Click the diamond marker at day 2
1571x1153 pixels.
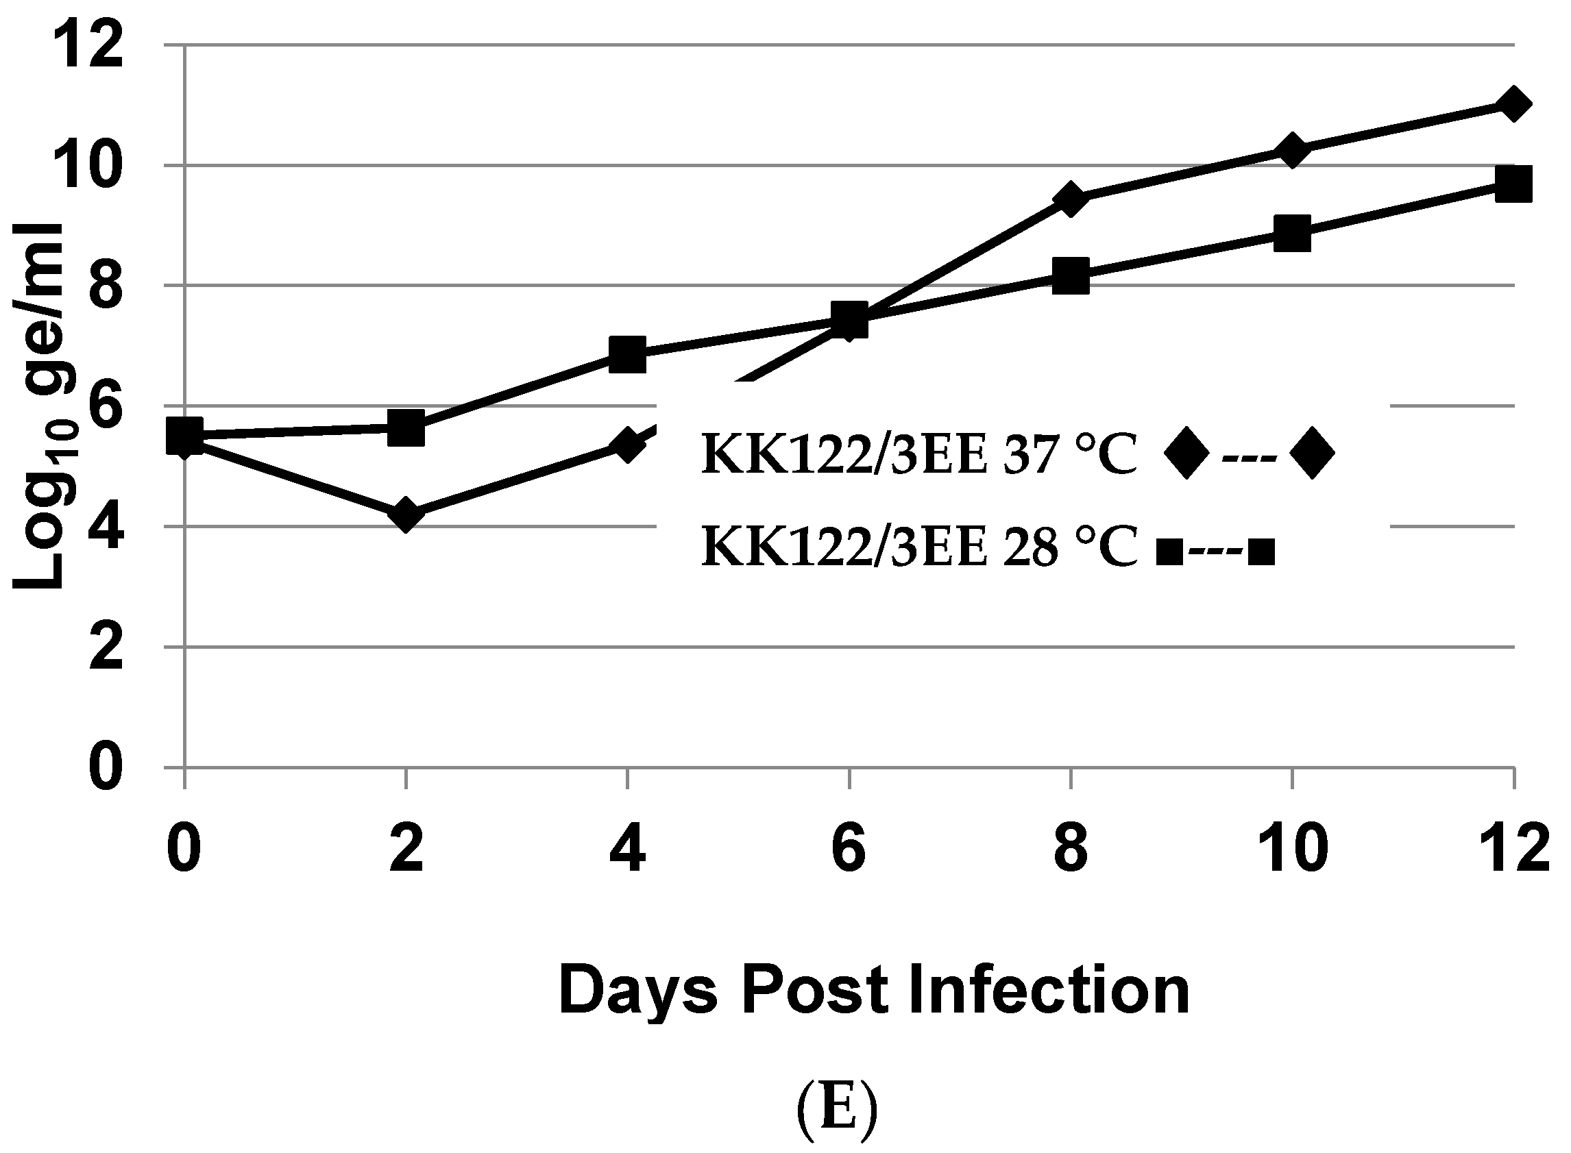[x=406, y=515]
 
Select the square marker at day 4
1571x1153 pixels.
[x=627, y=355]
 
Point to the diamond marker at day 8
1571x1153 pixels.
[x=1071, y=199]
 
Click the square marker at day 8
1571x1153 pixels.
[x=1071, y=275]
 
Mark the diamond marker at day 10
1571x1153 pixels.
[x=1292, y=151]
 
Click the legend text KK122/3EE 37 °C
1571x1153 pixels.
[x=919, y=454]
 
